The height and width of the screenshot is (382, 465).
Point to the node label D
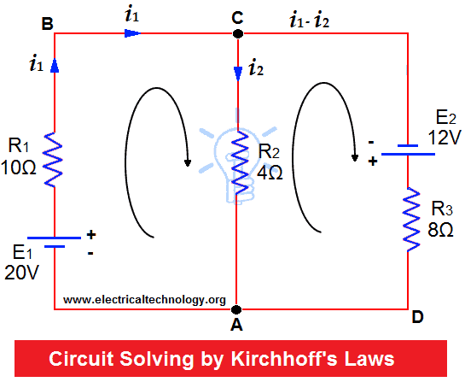(417, 317)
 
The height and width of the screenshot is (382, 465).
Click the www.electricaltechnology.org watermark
(144, 300)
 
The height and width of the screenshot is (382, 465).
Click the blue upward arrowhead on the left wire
(55, 65)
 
